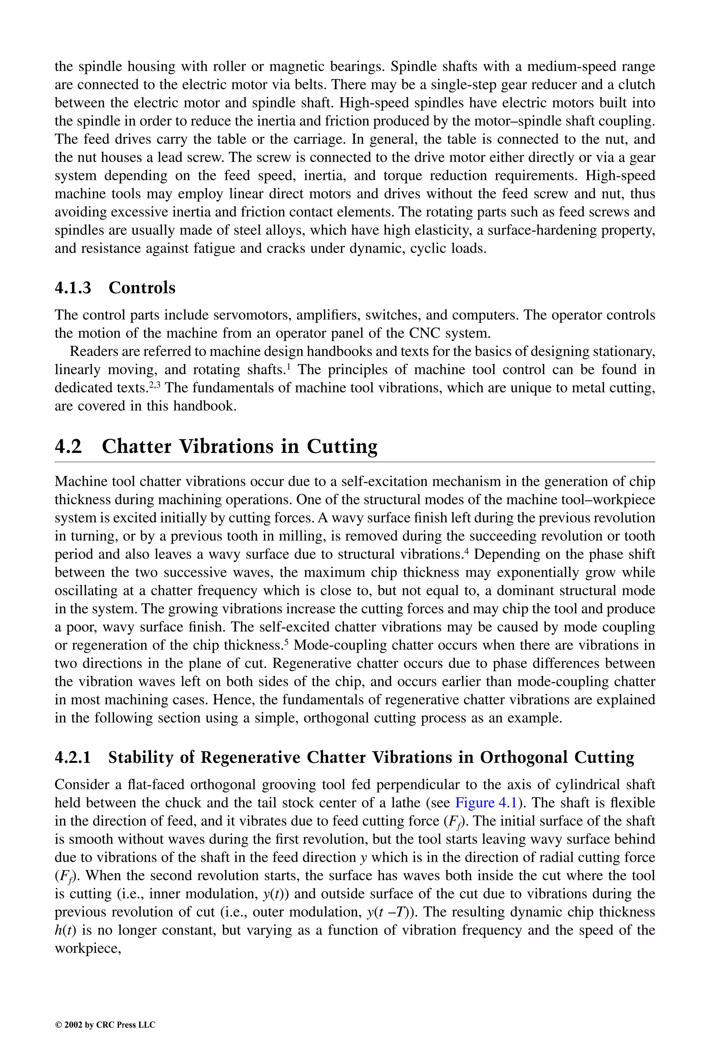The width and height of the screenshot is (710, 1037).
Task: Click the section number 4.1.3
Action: click(73, 288)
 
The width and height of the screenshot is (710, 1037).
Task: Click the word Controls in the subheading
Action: click(142, 288)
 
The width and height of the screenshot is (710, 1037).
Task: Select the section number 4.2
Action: click(68, 446)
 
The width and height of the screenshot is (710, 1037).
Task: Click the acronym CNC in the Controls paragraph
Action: click(423, 333)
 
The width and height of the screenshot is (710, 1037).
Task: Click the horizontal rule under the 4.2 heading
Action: click(355, 462)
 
